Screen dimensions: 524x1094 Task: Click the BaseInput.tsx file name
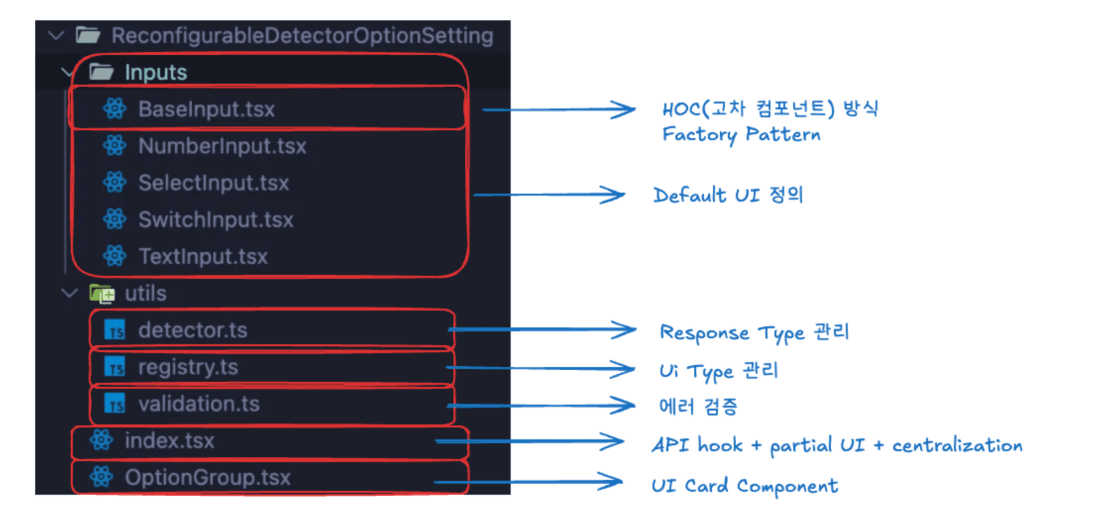coord(206,109)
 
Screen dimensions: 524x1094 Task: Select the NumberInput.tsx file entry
coord(222,146)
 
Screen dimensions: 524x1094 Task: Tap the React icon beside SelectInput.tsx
coord(115,183)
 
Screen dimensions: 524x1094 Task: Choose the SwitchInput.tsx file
coord(215,220)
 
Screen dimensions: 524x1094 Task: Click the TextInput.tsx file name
coord(203,256)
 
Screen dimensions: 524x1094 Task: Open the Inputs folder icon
coord(101,72)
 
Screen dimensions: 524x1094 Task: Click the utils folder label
coord(145,293)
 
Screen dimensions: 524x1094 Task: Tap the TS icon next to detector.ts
coord(115,330)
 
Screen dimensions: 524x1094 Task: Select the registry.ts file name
coord(188,367)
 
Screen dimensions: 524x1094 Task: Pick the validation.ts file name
coord(199,404)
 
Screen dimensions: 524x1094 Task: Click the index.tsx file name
coord(169,441)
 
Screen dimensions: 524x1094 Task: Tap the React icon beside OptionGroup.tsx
coord(101,477)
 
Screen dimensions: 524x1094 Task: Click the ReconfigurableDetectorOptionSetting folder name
coord(302,35)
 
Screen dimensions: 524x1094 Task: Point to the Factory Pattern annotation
coord(741,134)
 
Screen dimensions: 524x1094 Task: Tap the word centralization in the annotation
coord(957,445)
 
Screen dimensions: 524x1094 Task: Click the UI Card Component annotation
coord(744,486)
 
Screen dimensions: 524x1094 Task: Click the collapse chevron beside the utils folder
coord(69,293)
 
